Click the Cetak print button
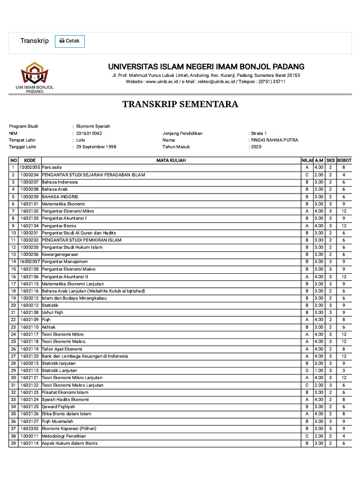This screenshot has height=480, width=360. point(70,41)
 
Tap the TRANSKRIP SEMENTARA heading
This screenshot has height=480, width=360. point(180,104)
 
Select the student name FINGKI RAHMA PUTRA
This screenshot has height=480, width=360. point(275,140)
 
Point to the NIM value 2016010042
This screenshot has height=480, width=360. point(89,133)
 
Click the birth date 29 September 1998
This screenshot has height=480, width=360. point(96,147)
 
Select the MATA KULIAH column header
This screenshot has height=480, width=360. point(171,160)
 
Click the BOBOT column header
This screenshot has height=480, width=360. point(344,160)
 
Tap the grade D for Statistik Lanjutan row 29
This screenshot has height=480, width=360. point(307,370)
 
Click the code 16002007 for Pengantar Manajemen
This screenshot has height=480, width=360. point(30,262)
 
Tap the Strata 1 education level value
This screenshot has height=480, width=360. point(258,133)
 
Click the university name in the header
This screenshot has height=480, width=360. point(206,67)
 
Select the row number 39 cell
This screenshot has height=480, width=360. point(13,443)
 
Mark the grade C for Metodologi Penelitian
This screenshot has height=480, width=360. point(307,436)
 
